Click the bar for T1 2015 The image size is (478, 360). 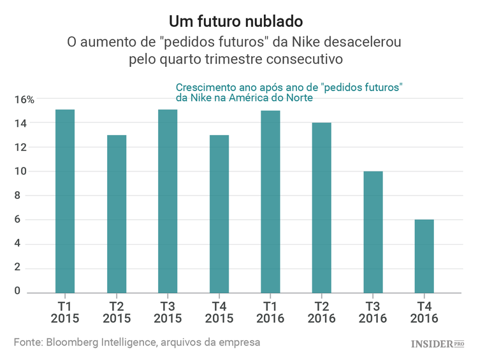tap(65, 201)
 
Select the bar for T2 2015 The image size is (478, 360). tap(117, 214)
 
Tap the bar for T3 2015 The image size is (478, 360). tap(168, 201)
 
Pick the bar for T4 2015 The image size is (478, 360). tap(219, 214)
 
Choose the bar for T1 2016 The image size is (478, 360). tap(270, 202)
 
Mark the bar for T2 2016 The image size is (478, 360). tap(321, 208)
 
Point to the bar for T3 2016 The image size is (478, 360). tap(373, 232)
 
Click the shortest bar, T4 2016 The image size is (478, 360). tap(424, 256)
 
